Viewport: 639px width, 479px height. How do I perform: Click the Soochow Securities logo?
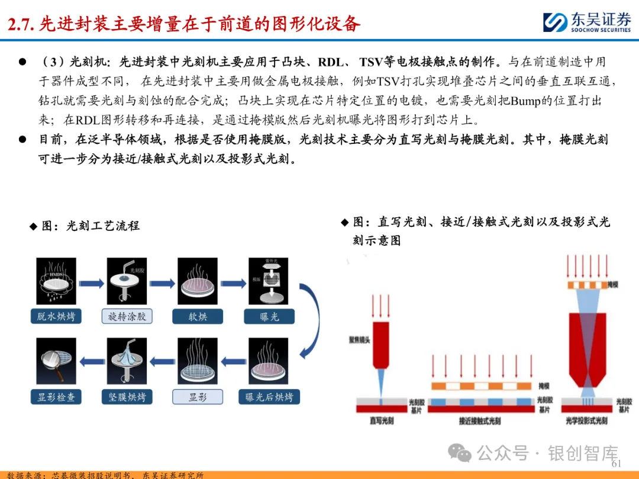pyautogui.click(x=586, y=22)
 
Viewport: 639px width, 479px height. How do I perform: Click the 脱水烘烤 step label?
pyautogui.click(x=56, y=317)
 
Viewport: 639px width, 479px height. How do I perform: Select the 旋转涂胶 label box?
pyautogui.click(x=127, y=317)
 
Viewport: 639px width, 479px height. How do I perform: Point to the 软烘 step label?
pyautogui.click(x=198, y=317)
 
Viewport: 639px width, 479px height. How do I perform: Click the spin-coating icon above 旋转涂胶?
pyautogui.click(x=127, y=281)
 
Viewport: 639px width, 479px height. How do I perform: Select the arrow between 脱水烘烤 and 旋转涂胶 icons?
pyautogui.click(x=92, y=284)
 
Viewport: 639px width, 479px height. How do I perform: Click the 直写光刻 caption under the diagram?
pyautogui.click(x=382, y=421)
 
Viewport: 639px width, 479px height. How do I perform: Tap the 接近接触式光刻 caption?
pyautogui.click(x=480, y=421)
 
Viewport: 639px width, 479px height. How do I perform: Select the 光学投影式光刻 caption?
pyautogui.click(x=586, y=421)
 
